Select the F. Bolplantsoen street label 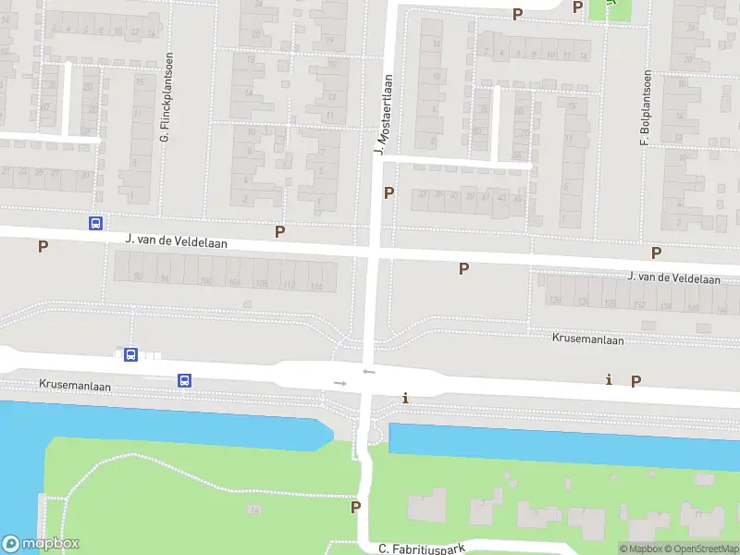click(x=647, y=108)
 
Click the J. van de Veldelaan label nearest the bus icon click(x=177, y=241)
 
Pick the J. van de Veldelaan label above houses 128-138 click(x=673, y=277)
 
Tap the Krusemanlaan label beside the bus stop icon click(x=75, y=386)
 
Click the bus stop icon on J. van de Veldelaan click(x=95, y=223)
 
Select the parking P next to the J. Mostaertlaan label click(x=389, y=192)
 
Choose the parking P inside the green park click(x=355, y=507)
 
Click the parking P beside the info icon click(x=635, y=380)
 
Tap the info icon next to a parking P click(x=609, y=379)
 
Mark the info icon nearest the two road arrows click(x=405, y=398)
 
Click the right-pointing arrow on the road click(x=339, y=383)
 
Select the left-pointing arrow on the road click(x=369, y=372)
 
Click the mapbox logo click(x=42, y=544)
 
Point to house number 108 click(x=261, y=282)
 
